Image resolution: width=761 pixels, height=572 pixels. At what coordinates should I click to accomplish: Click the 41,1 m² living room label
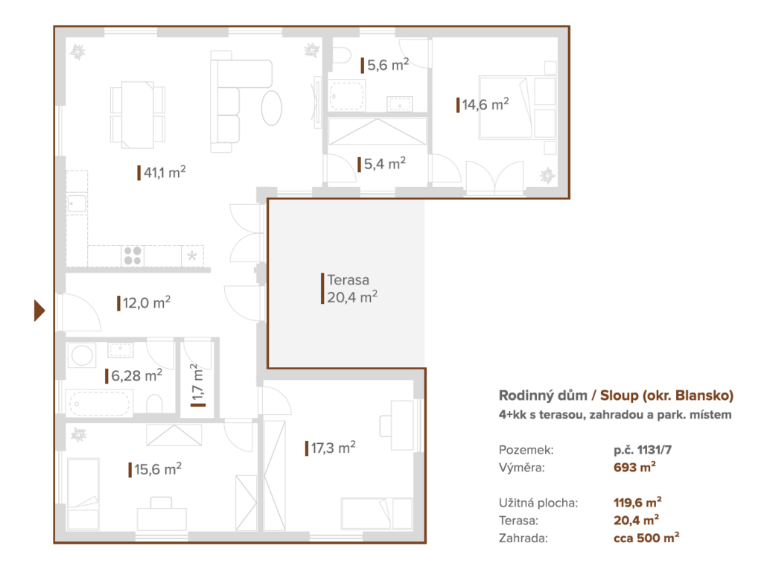[x=162, y=172]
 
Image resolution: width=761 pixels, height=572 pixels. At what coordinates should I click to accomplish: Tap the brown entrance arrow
[x=39, y=311]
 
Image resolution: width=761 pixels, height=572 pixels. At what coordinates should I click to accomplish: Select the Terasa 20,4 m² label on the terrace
[x=349, y=288]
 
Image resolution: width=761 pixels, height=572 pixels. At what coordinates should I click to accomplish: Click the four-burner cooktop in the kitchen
[x=133, y=255]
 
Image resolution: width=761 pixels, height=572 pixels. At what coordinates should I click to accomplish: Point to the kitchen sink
[x=77, y=203]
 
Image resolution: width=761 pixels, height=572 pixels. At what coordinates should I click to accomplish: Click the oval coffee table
[x=271, y=108]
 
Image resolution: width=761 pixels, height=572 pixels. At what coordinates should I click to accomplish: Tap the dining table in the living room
[x=137, y=115]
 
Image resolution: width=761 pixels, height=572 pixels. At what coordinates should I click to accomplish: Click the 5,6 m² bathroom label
[x=385, y=65]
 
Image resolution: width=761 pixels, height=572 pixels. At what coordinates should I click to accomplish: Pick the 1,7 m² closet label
[x=197, y=384]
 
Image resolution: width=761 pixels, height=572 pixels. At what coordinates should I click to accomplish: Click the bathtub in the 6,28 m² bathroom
[x=100, y=402]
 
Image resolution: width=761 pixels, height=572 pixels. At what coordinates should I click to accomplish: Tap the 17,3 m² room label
[x=331, y=448]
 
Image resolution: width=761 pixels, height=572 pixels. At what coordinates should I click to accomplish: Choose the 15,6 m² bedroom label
[x=156, y=469]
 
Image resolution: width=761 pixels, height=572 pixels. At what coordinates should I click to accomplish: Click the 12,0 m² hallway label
[x=144, y=303]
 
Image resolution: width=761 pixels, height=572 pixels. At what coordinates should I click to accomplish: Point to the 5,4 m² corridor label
[x=382, y=164]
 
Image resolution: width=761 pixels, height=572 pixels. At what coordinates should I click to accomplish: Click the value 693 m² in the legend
[x=635, y=467]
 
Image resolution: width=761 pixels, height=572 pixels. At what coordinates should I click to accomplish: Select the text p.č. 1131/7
[x=643, y=450]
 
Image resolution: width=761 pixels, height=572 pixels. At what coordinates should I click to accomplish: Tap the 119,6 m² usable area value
[x=637, y=502]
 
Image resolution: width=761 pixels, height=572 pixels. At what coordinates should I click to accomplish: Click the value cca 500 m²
[x=646, y=538]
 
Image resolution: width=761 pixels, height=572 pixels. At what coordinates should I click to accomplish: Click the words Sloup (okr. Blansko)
[x=667, y=395]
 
